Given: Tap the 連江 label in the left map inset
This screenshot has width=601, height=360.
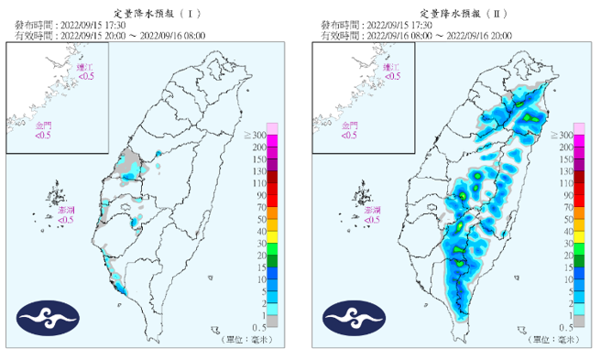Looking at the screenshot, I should tap(85, 68).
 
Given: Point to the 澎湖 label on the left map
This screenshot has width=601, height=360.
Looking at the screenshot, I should tap(65, 211).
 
